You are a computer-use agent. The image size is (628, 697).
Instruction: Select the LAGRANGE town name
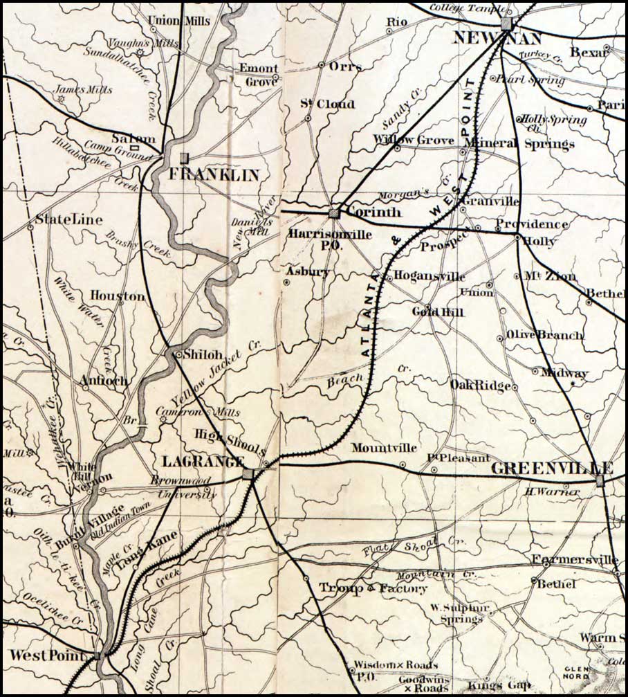203,461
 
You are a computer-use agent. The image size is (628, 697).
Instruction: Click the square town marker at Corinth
335,213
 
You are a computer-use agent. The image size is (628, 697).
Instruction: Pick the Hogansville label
429,276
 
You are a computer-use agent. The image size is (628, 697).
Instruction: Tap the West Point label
47,655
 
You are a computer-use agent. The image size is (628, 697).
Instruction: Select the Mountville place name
384,448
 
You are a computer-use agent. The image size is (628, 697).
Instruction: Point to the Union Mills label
180,21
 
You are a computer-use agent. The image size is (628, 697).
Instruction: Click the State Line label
68,220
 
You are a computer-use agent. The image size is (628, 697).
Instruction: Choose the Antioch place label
104,380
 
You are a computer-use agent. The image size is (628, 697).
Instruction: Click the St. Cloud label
327,105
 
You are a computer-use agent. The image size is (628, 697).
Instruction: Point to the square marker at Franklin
184,158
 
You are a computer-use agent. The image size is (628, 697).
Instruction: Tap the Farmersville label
574,559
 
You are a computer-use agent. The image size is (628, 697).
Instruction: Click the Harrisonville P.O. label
330,239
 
